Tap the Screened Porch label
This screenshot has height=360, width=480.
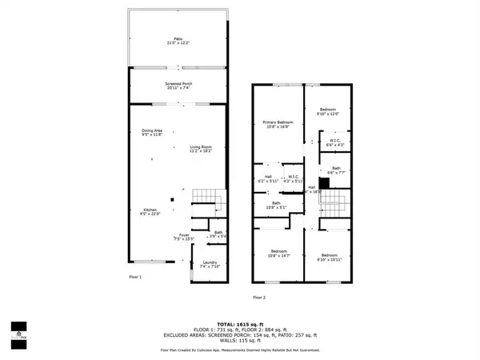click(x=178, y=85)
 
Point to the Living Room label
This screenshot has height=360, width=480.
click(x=201, y=148)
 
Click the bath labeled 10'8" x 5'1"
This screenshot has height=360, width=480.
click(x=276, y=204)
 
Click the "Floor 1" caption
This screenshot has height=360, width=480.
click(x=135, y=277)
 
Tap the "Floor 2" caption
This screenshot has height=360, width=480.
click(x=260, y=297)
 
